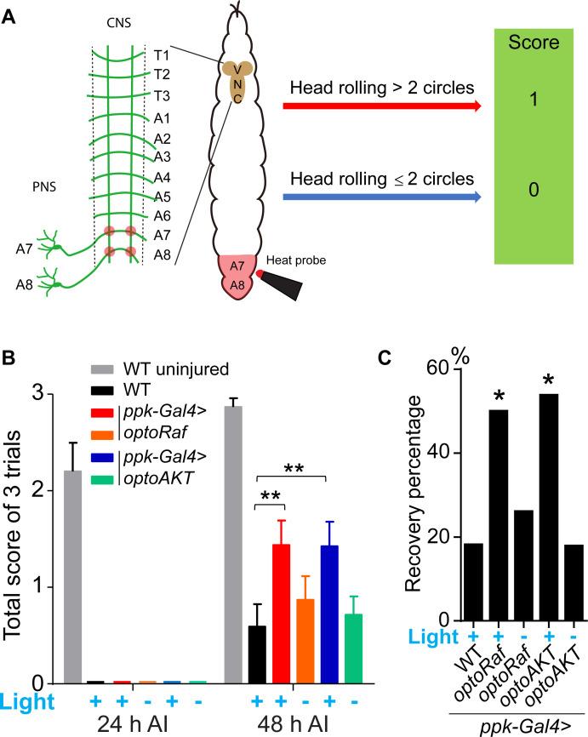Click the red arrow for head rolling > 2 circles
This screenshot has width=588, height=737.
point(383,106)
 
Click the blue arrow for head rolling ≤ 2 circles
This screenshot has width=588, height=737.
point(383,198)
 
